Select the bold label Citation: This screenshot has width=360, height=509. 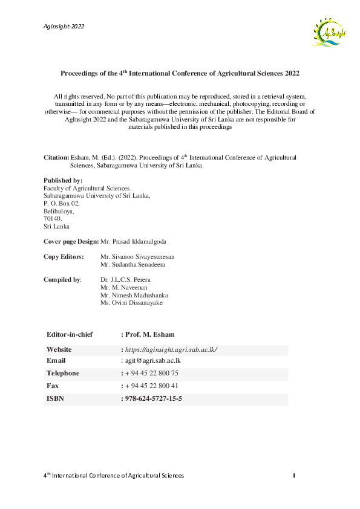pos(56,157)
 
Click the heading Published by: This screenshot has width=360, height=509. pos(64,181)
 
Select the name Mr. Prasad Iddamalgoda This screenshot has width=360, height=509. pos(133,241)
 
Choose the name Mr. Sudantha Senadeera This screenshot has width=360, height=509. pos(133,265)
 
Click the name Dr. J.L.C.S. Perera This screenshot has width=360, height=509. pos(126,280)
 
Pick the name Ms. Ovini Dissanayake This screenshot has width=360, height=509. pos(131,303)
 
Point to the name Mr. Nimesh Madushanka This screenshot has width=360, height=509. pos(134,295)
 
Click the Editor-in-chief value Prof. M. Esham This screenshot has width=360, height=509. pos(150,334)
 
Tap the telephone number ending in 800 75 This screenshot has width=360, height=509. pos(151,373)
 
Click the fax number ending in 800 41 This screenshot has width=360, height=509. pos(151,386)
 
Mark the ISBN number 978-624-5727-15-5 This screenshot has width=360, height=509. pos(153,399)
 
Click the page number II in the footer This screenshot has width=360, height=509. pos(293,476)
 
